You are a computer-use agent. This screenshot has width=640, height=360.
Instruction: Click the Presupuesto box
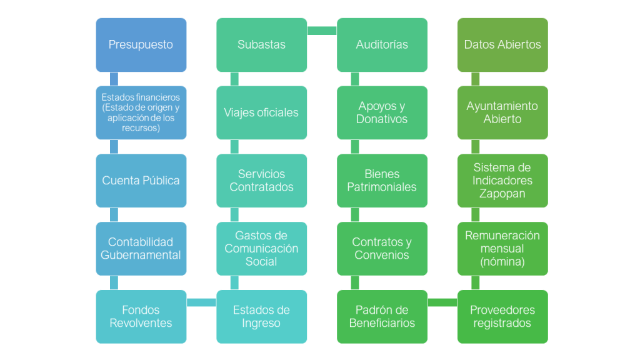(x=141, y=45)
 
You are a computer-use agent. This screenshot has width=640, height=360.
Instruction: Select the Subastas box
(x=262, y=45)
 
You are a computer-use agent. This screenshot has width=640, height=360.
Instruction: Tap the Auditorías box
(x=382, y=45)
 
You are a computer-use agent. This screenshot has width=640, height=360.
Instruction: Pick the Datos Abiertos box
(x=502, y=45)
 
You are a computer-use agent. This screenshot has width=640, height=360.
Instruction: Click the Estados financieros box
(x=141, y=112)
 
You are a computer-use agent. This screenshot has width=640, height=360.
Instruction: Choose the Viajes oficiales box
(x=262, y=112)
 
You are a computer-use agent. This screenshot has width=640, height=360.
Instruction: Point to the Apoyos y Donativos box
(x=382, y=112)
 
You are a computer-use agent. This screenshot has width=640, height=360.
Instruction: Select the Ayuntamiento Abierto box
(x=502, y=112)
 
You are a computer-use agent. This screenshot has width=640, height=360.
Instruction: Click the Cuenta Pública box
(x=141, y=181)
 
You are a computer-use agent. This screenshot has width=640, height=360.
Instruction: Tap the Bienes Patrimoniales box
(x=382, y=181)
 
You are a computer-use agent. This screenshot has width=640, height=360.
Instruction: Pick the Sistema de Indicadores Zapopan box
(x=502, y=181)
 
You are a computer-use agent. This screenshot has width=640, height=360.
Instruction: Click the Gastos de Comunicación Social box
(x=262, y=249)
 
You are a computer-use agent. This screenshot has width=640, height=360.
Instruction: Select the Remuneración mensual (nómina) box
(x=502, y=249)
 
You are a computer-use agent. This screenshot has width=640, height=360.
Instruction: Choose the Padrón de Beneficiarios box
(x=382, y=317)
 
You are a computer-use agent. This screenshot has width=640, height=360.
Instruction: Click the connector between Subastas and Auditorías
(x=322, y=31)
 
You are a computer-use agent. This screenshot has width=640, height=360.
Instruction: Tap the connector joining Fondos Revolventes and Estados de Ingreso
(x=201, y=302)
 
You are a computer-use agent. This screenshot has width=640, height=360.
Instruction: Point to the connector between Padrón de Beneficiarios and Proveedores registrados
(x=442, y=302)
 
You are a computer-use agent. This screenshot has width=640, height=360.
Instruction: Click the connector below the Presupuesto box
(x=114, y=79)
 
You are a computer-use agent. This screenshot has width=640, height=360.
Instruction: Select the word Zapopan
(x=502, y=194)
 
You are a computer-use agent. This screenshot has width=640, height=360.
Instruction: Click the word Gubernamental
(x=141, y=255)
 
